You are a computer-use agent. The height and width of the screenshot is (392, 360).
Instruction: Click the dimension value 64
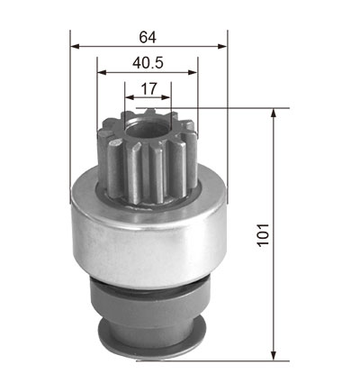pyautogui.click(x=148, y=37)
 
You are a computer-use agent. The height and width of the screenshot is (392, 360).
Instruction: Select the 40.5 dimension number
pyautogui.click(x=148, y=63)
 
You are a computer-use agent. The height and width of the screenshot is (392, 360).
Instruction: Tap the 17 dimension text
pyautogui.click(x=148, y=88)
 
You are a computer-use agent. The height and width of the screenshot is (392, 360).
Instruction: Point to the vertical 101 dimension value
pyautogui.click(x=263, y=234)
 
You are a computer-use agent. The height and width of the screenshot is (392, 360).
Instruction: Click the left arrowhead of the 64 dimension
pyautogui.click(x=75, y=46)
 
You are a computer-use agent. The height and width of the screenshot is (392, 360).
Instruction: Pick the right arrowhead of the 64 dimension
pyautogui.click(x=222, y=46)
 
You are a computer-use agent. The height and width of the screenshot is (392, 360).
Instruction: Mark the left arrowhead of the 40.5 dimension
pyautogui.click(x=103, y=72)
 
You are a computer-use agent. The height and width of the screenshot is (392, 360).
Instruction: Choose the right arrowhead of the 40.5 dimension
pyautogui.click(x=193, y=72)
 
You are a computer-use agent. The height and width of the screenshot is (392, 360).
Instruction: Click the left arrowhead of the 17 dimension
pyautogui.click(x=130, y=97)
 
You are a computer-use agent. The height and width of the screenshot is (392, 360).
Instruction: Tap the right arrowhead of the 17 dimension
pyautogui.click(x=166, y=97)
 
